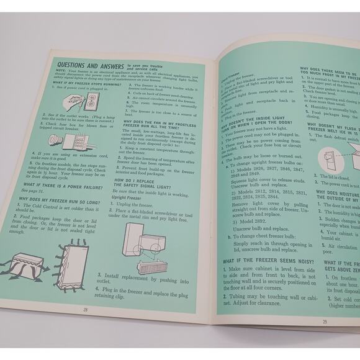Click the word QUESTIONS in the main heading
(76, 64)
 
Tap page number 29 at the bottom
(325, 321)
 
